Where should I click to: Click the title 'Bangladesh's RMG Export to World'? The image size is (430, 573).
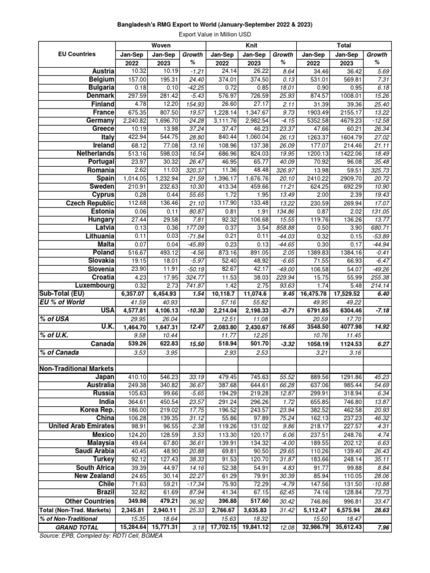pos(214,25)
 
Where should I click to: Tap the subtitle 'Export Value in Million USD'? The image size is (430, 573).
pos(214,35)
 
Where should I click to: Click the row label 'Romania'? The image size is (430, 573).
pos(101,170)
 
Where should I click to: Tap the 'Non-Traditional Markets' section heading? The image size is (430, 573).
pos(76,369)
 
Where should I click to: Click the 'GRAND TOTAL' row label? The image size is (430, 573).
pos(77,528)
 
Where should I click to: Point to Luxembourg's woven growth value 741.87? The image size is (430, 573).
pos(193,285)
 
